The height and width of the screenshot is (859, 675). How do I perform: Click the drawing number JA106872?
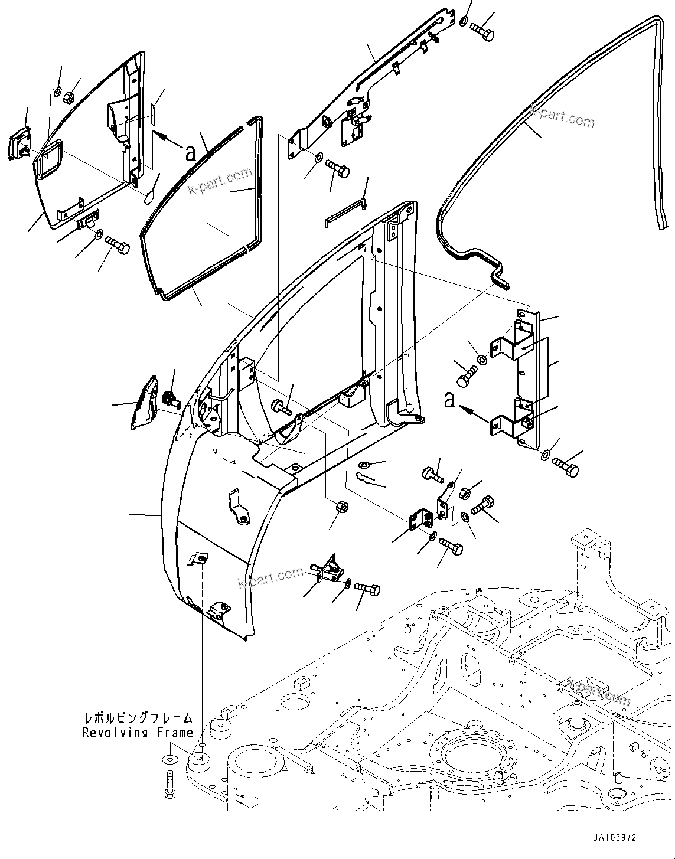(614, 838)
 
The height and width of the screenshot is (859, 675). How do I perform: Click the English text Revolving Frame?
(138, 733)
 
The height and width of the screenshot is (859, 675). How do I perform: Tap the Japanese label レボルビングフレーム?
(138, 718)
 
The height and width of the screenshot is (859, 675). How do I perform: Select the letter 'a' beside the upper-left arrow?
(190, 153)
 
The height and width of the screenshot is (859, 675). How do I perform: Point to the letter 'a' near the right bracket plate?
(449, 400)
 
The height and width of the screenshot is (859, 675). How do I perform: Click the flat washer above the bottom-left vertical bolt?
(169, 759)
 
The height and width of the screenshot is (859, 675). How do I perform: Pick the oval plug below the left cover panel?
(149, 196)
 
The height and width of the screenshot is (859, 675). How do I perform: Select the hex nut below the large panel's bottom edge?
(341, 506)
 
